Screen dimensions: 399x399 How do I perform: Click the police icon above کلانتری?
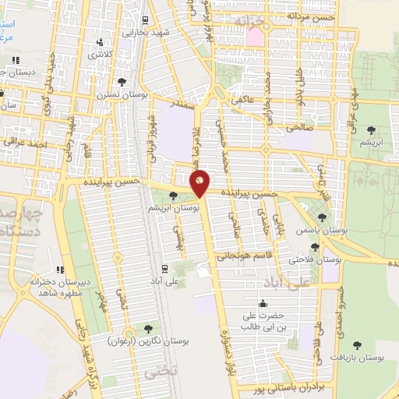point(98,42)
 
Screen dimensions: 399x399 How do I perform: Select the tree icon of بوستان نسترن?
point(122,81)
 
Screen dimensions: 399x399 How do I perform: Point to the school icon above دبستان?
point(16,60)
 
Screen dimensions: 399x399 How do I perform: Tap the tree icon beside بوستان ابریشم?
point(172,196)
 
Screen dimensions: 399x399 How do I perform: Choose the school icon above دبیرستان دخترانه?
point(60,269)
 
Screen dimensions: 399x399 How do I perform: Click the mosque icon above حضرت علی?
point(263,303)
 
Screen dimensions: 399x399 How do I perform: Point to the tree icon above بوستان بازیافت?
point(358,344)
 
